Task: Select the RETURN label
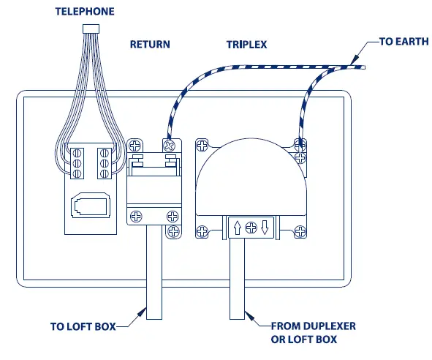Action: (150, 45)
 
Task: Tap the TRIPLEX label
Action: (246, 45)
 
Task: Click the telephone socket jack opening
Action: (91, 205)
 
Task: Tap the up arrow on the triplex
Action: (236, 226)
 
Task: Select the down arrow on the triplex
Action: (265, 226)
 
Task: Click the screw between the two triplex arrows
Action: (251, 226)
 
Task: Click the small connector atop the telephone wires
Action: (91, 28)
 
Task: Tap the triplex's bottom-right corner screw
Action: (300, 233)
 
